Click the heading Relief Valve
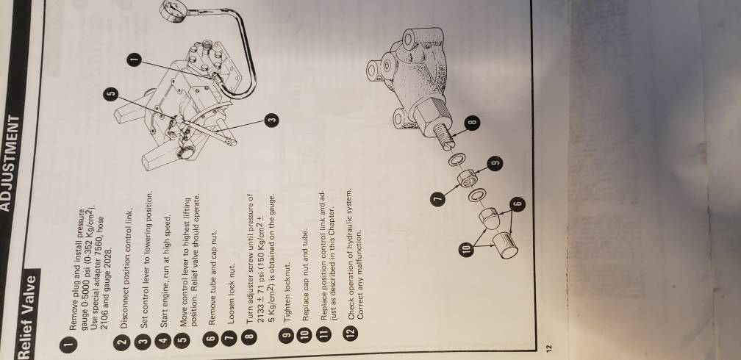click(x=27, y=313)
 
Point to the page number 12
click(x=548, y=348)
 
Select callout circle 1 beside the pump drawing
click(x=135, y=60)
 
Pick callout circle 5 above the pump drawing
click(x=110, y=94)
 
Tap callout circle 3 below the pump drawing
click(x=271, y=120)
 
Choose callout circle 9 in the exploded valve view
click(x=495, y=164)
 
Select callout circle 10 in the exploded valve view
click(x=466, y=249)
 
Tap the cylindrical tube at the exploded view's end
click(x=505, y=245)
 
